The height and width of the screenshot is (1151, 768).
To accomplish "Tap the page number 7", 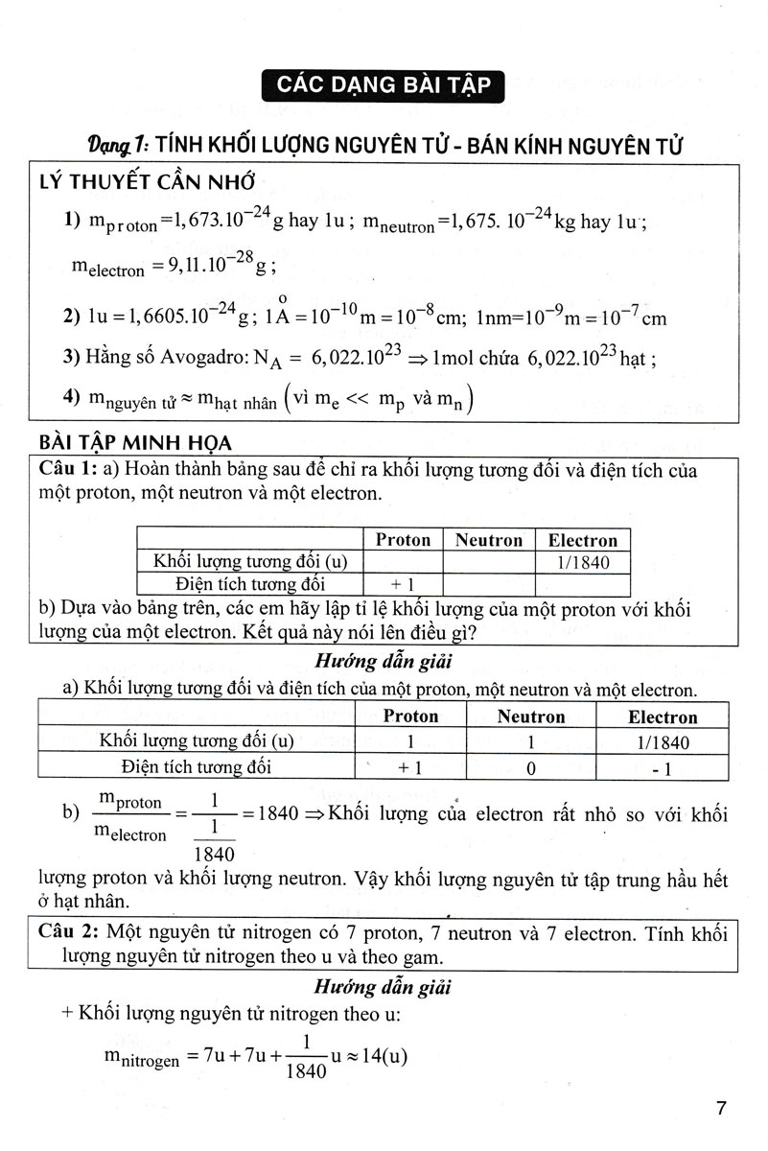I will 721,1110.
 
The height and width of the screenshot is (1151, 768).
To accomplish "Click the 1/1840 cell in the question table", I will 582,563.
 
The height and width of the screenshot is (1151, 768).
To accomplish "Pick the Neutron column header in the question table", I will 488,540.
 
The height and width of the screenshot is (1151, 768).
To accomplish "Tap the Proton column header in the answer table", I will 410,716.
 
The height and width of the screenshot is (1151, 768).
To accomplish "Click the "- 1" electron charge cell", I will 662,767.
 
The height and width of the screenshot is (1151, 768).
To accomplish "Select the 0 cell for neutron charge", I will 530,767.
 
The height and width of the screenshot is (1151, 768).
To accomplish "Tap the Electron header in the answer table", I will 662,716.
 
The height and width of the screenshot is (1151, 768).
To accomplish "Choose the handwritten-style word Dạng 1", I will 116,145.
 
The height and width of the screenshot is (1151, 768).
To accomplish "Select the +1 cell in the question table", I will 402,583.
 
